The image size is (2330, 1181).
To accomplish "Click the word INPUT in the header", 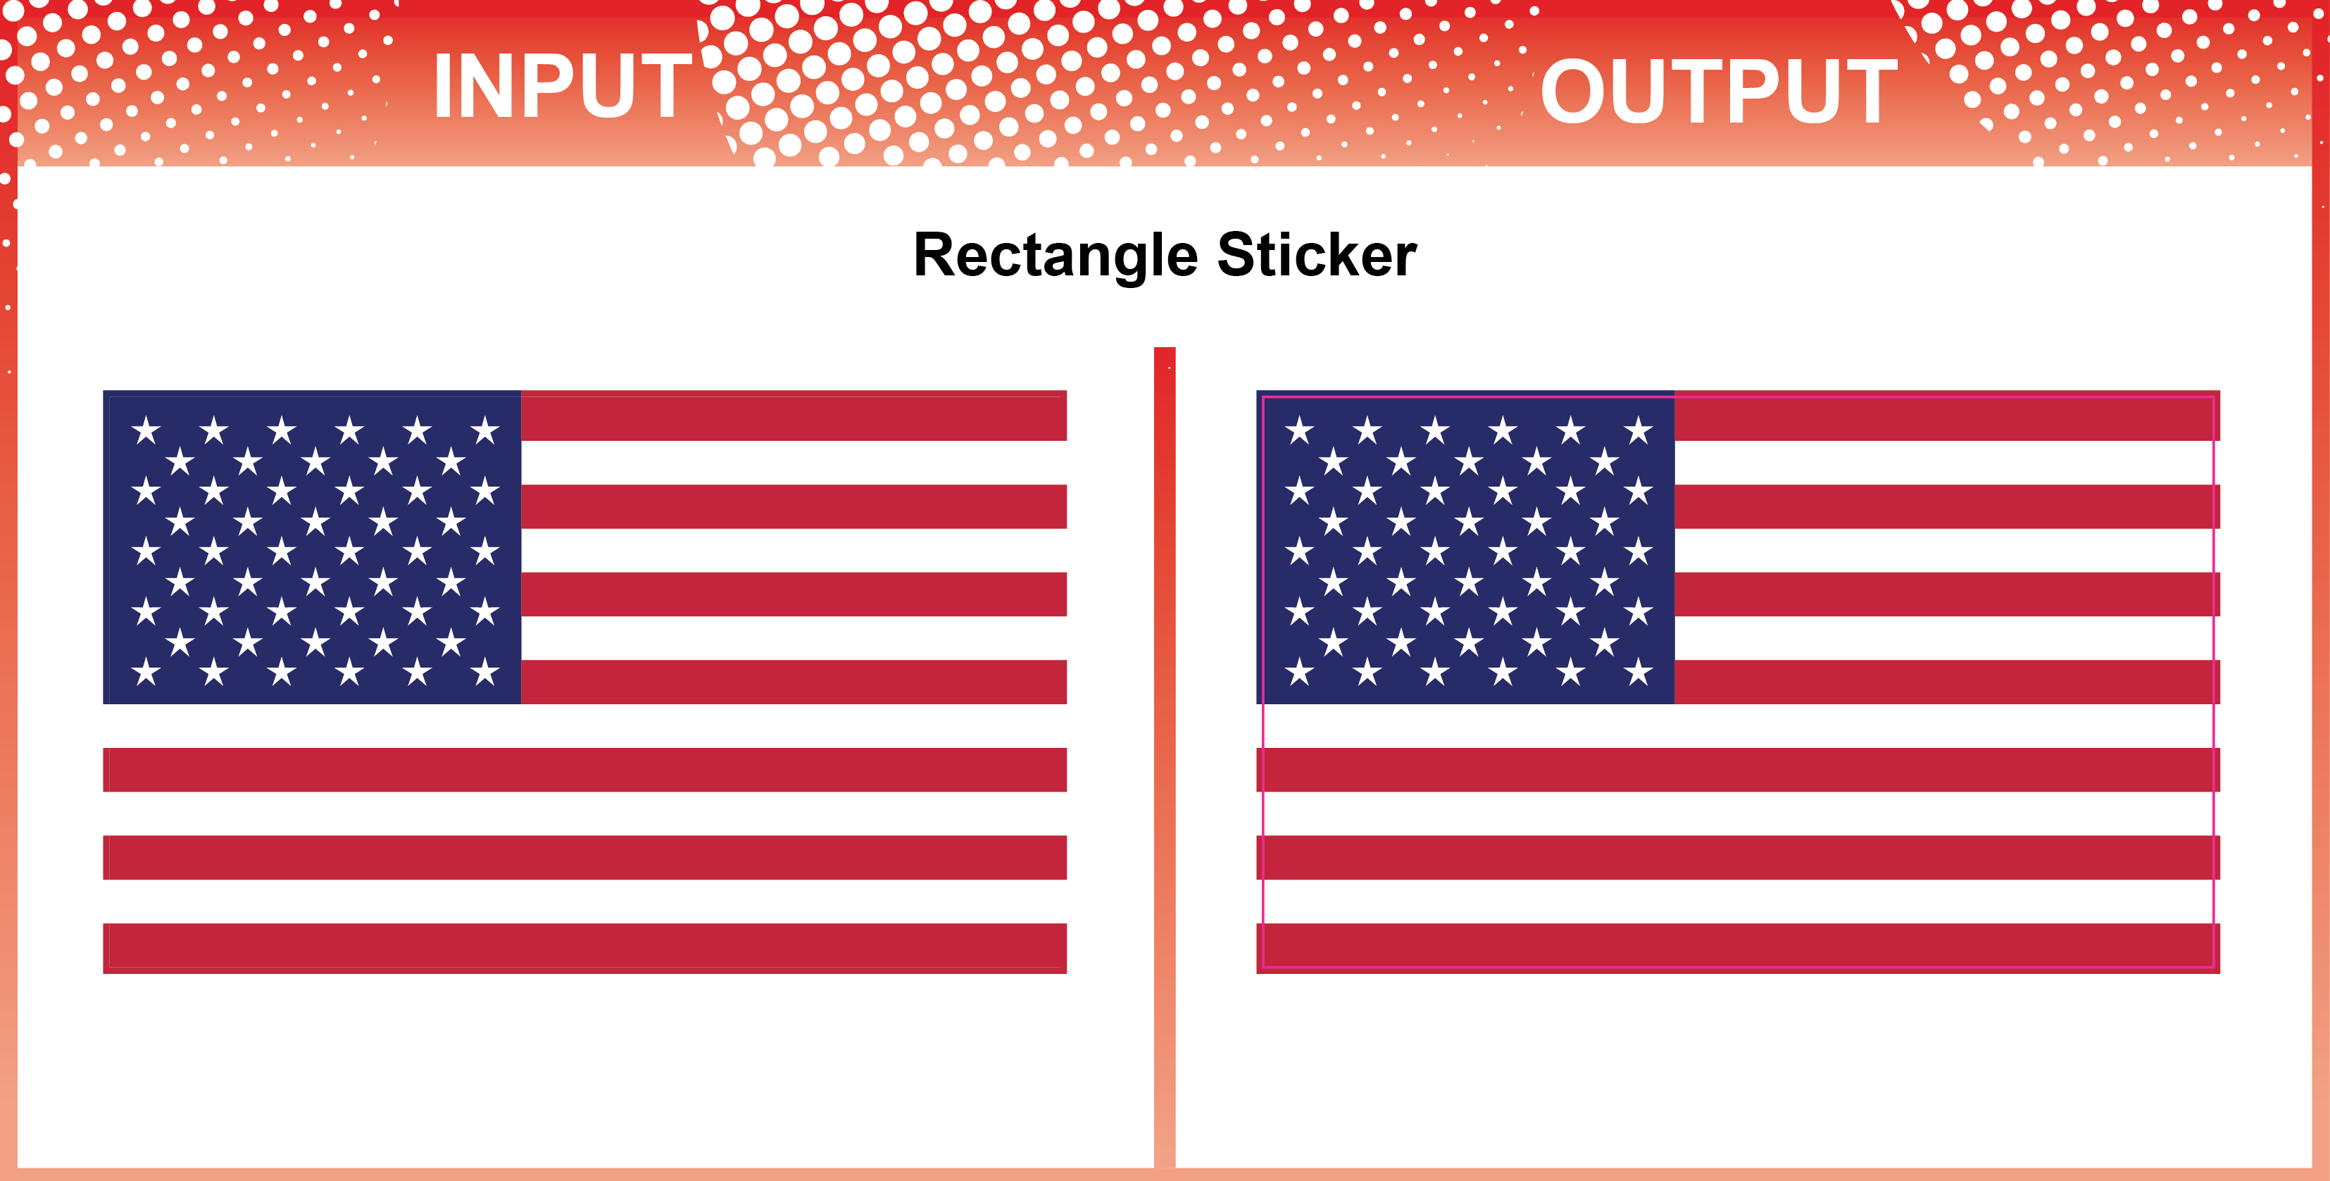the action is (x=563, y=86).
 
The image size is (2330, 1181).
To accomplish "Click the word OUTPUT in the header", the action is (x=1719, y=90).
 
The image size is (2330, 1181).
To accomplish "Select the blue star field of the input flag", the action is (x=312, y=547).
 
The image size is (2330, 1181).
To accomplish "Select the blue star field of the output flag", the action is (x=1465, y=547).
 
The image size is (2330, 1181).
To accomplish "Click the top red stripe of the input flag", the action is (x=794, y=416).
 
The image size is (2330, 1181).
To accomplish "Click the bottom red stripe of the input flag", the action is (x=585, y=948).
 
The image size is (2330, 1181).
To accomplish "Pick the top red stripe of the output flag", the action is (x=1948, y=416).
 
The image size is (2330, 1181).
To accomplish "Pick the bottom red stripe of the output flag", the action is (x=1739, y=948).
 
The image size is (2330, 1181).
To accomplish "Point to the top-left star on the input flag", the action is (x=146, y=430).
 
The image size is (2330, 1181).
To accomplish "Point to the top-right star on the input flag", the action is (x=485, y=430).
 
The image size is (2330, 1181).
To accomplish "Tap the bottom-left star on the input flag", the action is (x=146, y=672).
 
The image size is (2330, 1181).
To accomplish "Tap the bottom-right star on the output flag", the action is (x=1638, y=672).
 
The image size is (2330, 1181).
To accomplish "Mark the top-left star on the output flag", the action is (x=1299, y=430).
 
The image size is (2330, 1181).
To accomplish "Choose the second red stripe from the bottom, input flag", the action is (x=585, y=857).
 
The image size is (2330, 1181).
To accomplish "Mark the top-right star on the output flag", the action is (x=1638, y=430).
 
